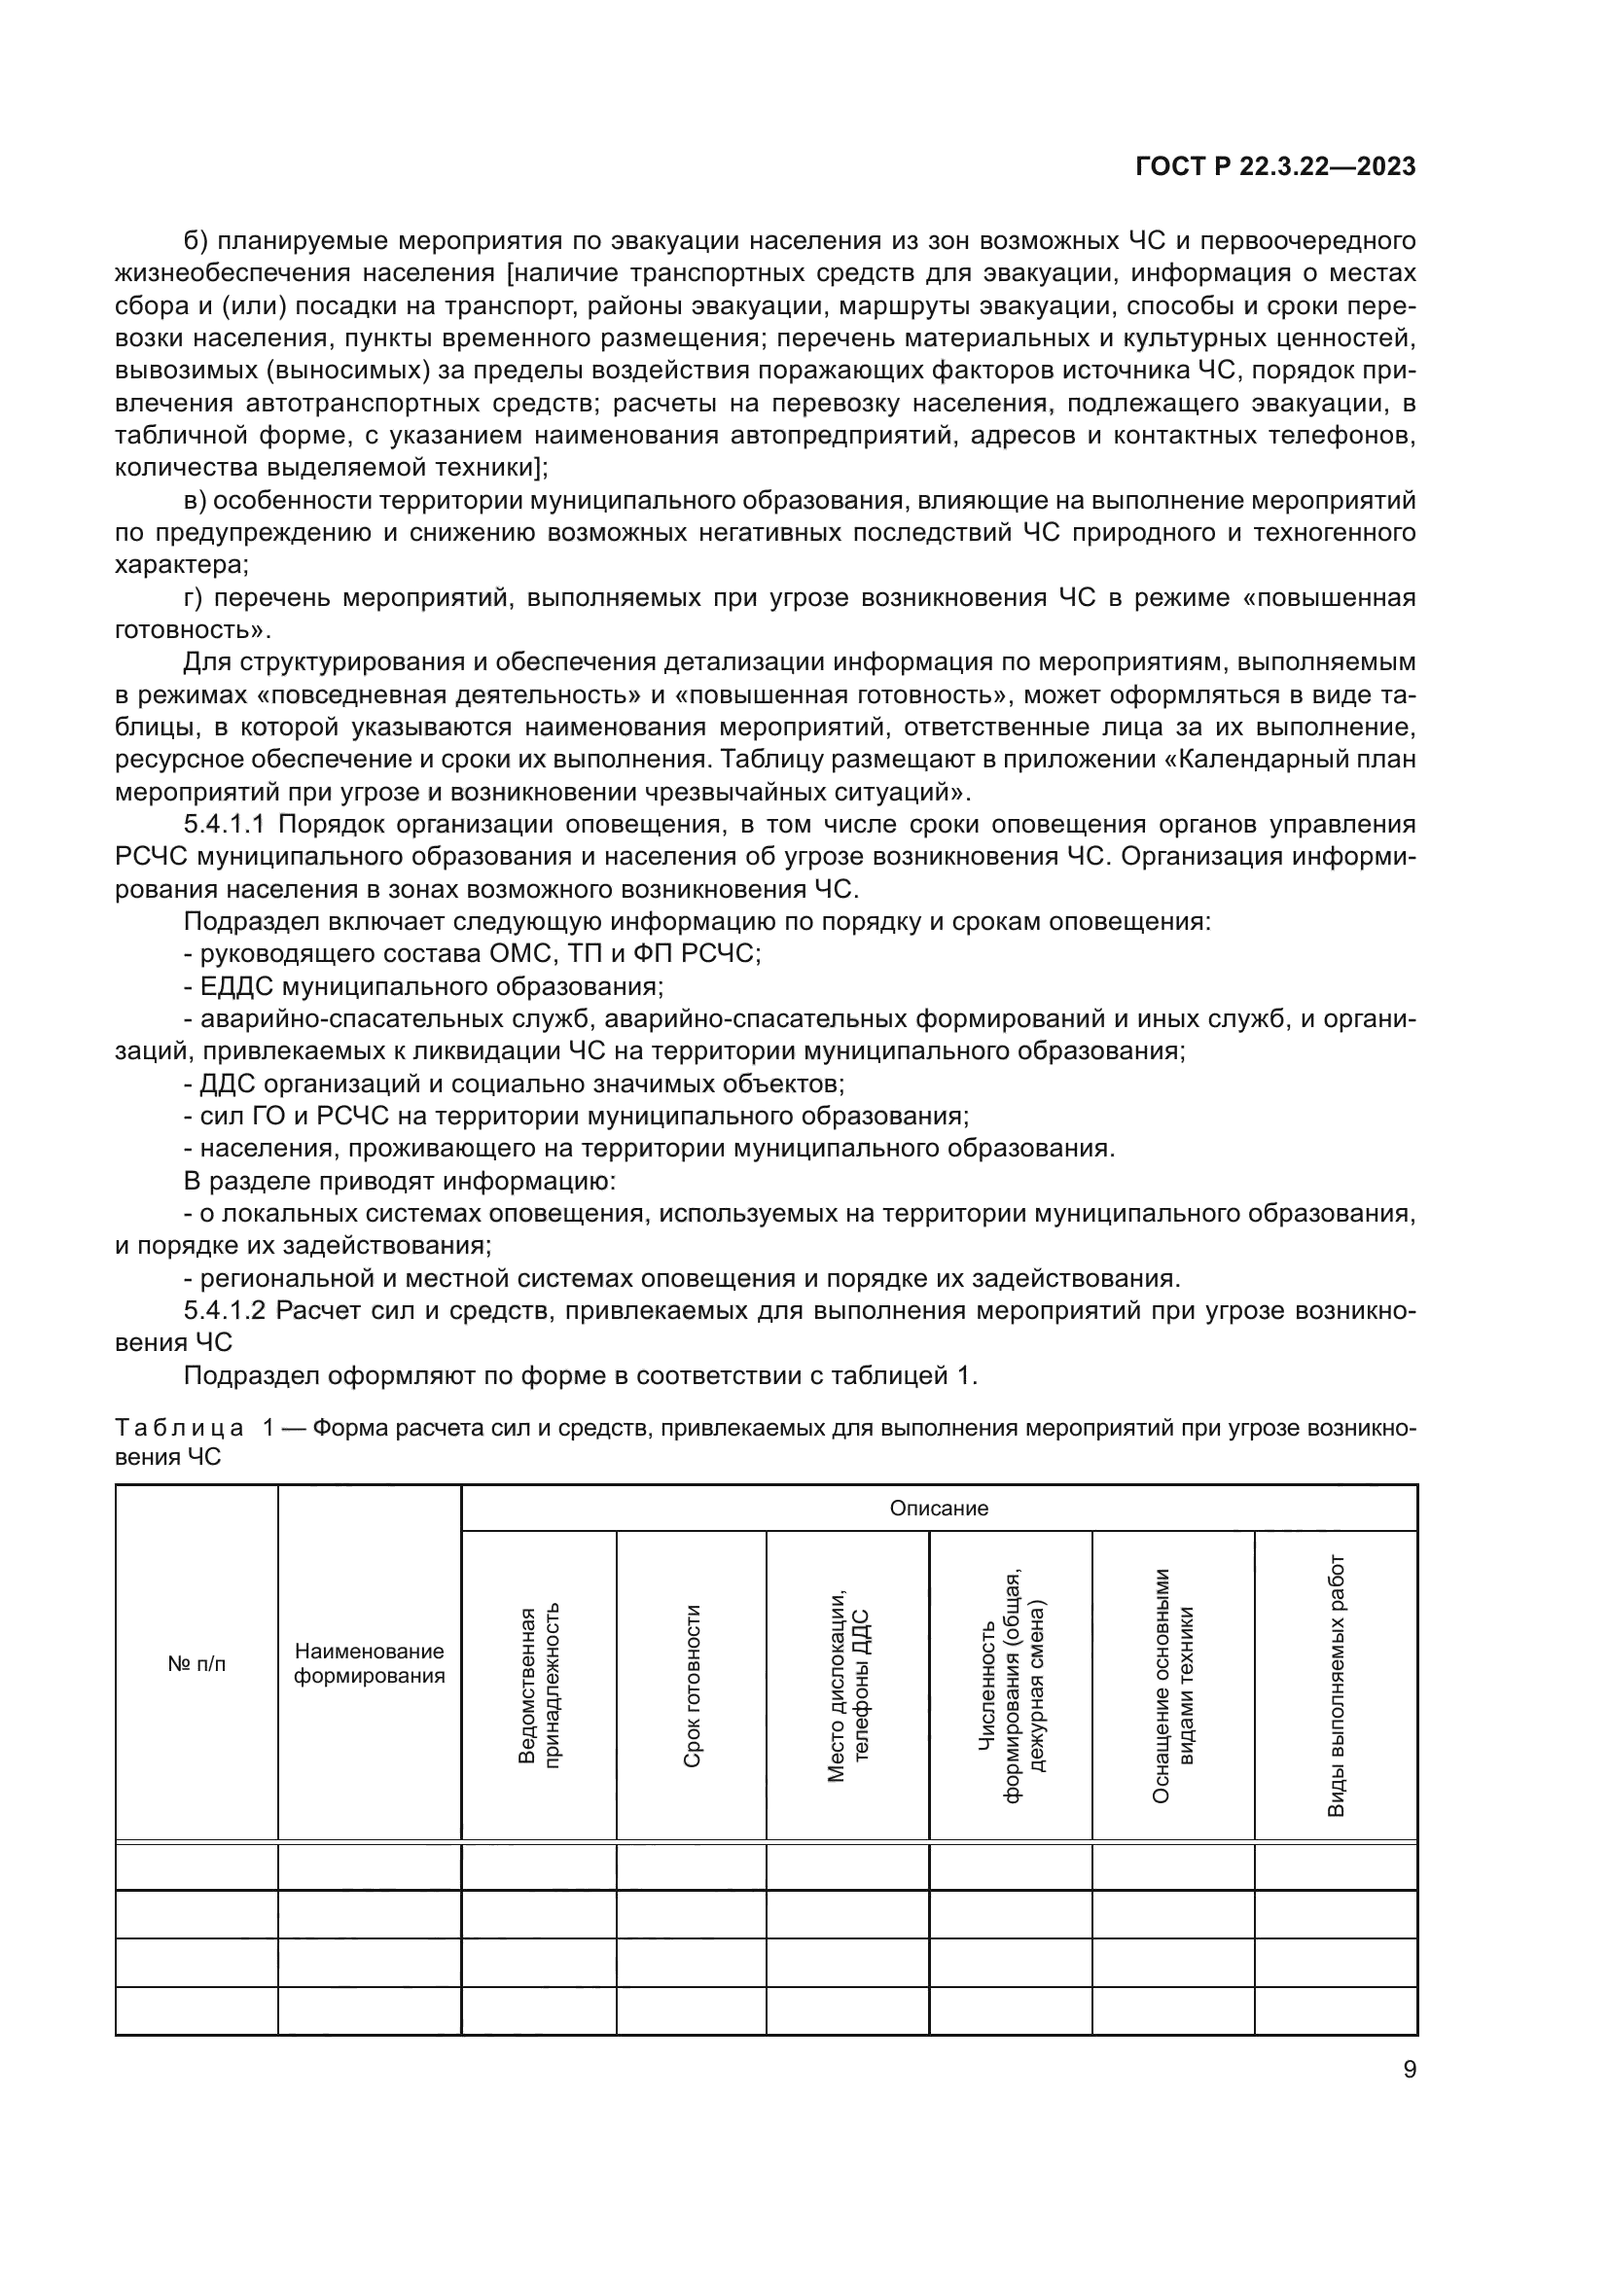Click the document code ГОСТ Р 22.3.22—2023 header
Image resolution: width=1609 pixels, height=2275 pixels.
[x=1275, y=167]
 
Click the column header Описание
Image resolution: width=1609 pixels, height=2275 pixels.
[x=938, y=1509]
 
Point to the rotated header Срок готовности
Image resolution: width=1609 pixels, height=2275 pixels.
[x=692, y=1686]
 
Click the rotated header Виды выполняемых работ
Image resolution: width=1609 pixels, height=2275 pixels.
[x=1336, y=1686]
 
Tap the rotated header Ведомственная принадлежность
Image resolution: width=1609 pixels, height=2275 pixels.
[x=539, y=1686]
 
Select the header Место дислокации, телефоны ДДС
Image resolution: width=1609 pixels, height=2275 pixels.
[x=847, y=1686]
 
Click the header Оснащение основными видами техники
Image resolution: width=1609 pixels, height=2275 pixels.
[x=1173, y=1686]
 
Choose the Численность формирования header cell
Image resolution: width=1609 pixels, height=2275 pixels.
[x=1011, y=1686]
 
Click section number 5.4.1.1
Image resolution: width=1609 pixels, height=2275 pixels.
[x=225, y=825]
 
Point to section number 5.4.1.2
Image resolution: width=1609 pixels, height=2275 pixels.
[x=225, y=1311]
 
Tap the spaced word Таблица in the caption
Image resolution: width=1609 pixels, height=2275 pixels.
[x=179, y=1428]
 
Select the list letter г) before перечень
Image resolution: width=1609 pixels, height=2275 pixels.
[x=195, y=597]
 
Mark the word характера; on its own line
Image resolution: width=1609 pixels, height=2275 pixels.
[x=182, y=565]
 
